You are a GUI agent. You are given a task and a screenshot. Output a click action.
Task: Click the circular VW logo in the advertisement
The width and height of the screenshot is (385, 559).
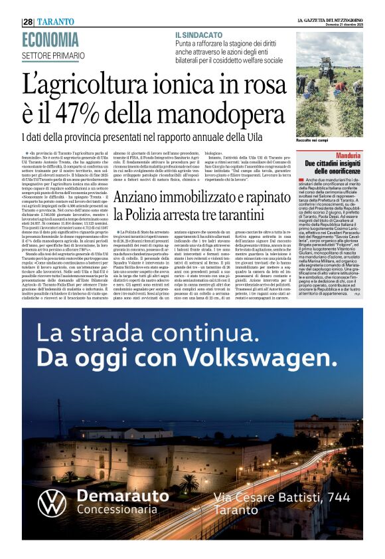51,502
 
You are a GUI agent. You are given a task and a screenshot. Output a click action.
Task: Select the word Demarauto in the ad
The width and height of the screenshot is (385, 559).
123,496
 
